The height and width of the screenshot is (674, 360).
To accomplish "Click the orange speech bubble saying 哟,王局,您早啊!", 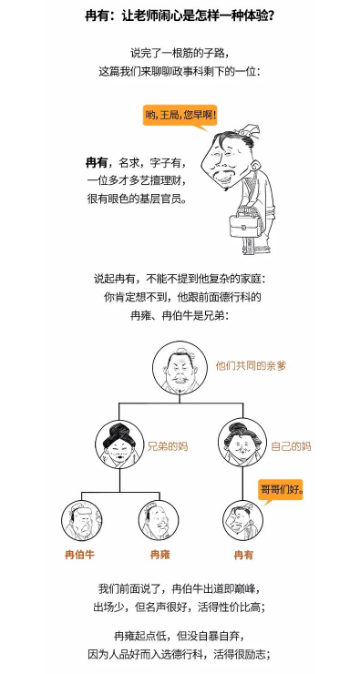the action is (x=180, y=117).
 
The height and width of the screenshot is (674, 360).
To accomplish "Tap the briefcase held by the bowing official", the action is (x=245, y=224).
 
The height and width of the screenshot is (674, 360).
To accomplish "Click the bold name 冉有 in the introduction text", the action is (x=97, y=164).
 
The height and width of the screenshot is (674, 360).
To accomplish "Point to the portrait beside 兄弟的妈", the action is (x=119, y=444).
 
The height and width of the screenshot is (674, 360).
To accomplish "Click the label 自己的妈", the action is (x=291, y=446).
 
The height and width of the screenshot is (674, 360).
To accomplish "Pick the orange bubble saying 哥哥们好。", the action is (x=281, y=491).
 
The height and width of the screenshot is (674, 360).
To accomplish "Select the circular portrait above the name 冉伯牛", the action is (x=81, y=521).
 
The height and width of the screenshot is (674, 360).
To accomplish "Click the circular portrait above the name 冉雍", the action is (x=159, y=521).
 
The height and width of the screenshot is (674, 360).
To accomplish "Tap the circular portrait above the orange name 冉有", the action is (x=242, y=521).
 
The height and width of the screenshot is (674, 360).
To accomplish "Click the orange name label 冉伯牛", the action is (x=79, y=555).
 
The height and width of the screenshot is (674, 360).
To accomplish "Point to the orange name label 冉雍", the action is (x=160, y=555).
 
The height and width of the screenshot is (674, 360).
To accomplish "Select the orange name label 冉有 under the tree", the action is (x=243, y=555).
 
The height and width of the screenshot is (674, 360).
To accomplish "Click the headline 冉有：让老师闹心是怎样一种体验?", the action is (x=180, y=16).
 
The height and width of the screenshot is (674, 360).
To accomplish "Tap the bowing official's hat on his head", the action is (x=248, y=130).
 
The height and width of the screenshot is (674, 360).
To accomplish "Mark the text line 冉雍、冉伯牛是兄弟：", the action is (x=180, y=315).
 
